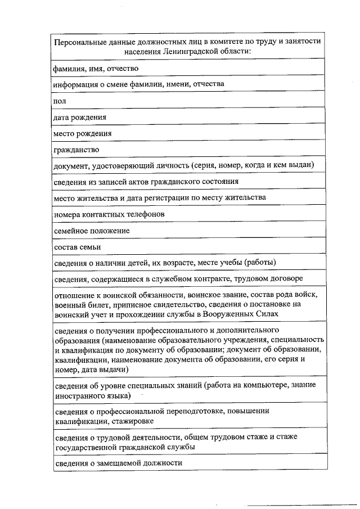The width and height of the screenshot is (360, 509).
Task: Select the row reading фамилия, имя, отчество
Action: tap(96, 68)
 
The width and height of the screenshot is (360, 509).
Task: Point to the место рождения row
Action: tap(82, 133)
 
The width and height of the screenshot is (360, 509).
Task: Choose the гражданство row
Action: tap(76, 150)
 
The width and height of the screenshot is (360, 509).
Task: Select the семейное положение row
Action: tap(91, 231)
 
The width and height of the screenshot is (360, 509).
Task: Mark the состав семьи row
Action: tap(77, 247)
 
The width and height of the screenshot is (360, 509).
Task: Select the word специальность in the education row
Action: tap(302, 340)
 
